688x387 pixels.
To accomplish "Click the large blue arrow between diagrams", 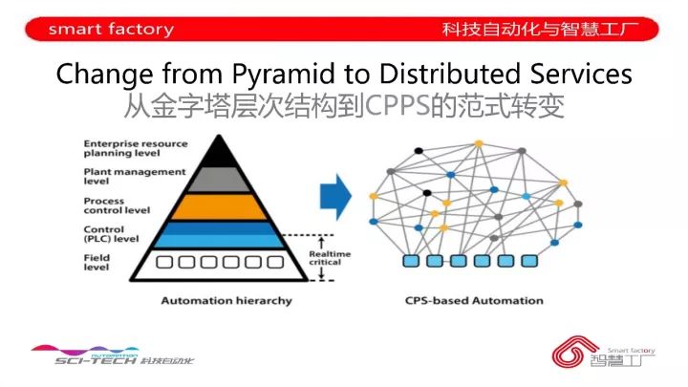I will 334,199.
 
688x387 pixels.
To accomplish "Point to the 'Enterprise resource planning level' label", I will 122,147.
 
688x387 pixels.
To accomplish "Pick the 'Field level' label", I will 97,262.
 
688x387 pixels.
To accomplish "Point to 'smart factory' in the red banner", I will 111,29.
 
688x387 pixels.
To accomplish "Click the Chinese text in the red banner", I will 549,29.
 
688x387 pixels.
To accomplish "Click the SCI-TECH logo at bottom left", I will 112,355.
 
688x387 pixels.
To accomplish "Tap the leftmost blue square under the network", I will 412,260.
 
